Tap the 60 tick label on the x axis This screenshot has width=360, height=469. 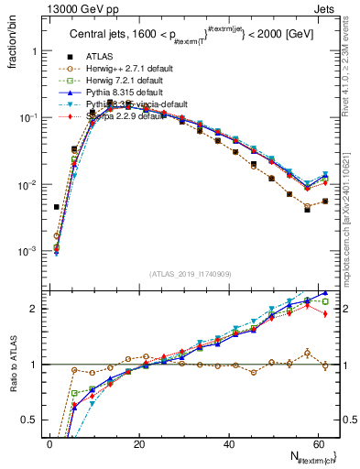pyautogui.click(x=316, y=444)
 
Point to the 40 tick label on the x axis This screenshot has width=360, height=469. pyautogui.click(x=227, y=444)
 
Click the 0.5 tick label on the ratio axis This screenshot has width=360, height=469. pyautogui.click(x=27, y=420)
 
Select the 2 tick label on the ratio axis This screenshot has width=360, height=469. pyautogui.click(x=32, y=309)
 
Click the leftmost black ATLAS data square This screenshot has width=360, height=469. pyautogui.click(x=57, y=207)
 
